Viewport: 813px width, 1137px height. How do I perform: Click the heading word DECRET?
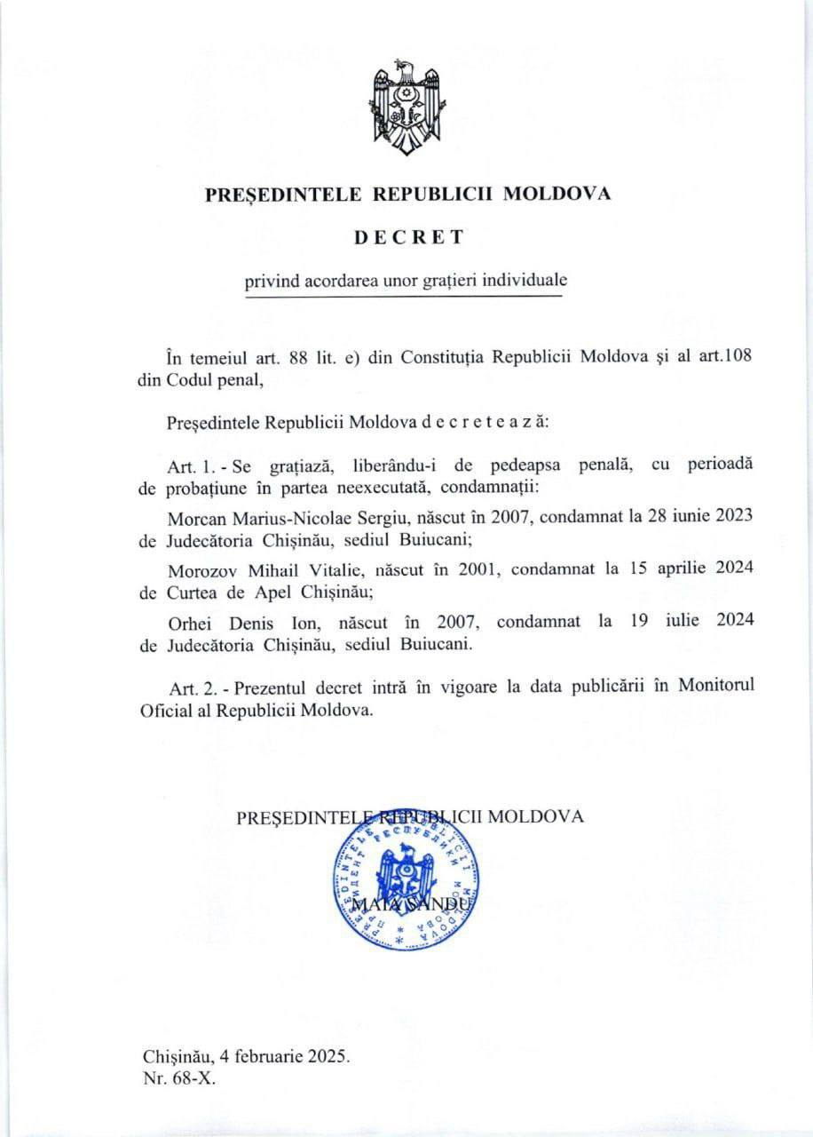coord(407,237)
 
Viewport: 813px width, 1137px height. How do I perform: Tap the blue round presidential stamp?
coord(406,889)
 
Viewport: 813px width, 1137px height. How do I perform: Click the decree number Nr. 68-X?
coord(178,1080)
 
